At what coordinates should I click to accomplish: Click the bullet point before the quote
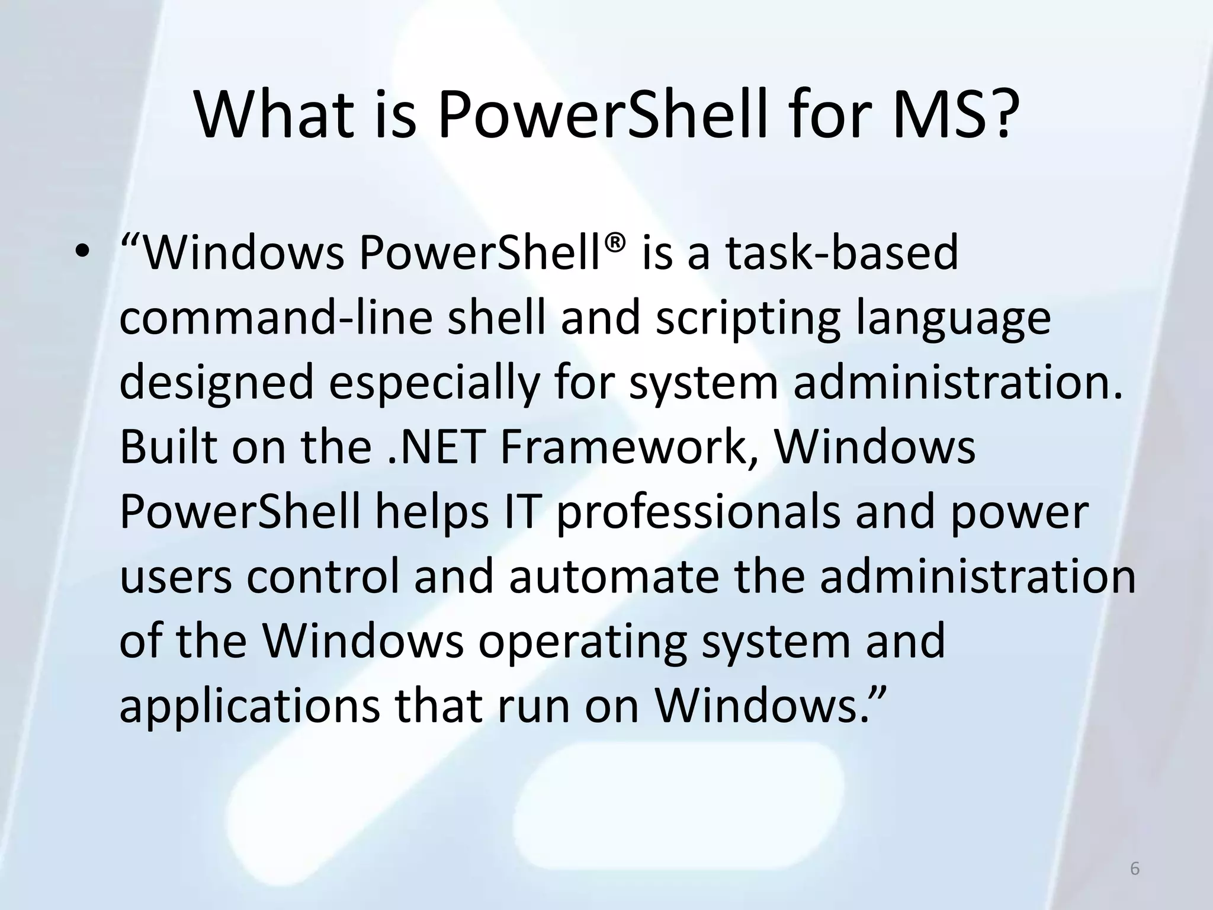pos(82,254)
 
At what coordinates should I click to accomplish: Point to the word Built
pos(168,448)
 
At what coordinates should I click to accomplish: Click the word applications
pos(249,707)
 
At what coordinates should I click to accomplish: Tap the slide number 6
pos(1134,869)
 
